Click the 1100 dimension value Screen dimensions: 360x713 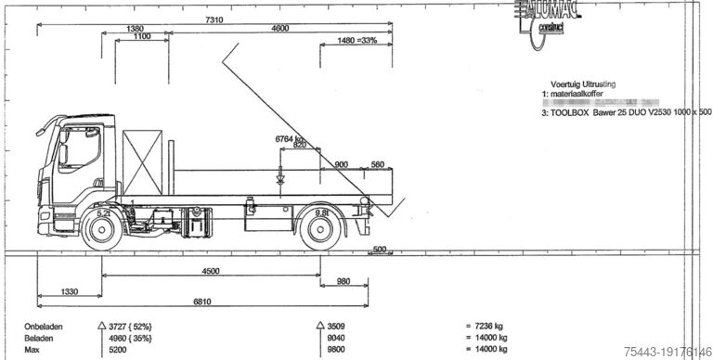point(142,39)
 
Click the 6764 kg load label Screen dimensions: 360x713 point(289,138)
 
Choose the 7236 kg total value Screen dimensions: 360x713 point(485,327)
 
